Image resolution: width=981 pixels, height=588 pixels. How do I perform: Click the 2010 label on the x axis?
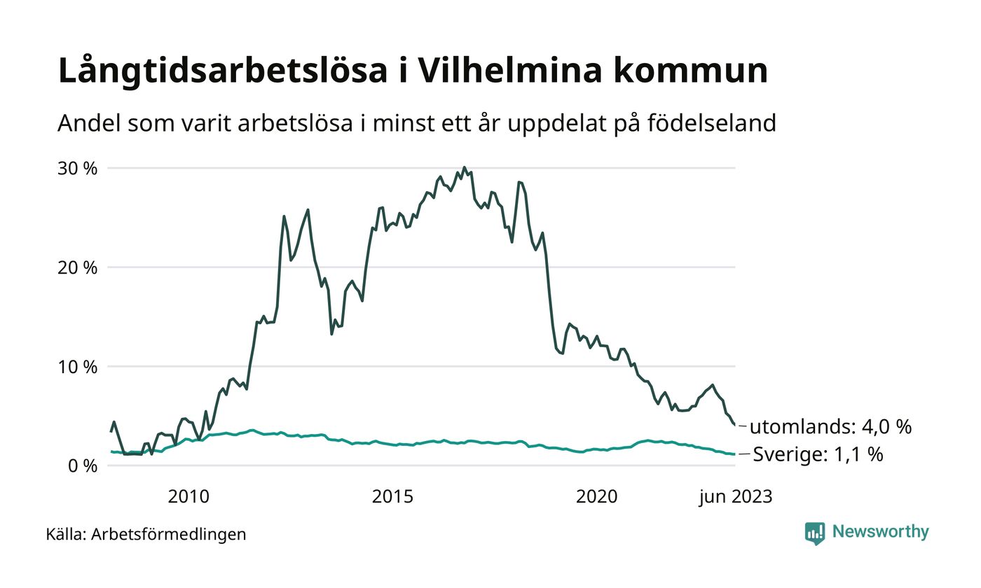pyautogui.click(x=189, y=497)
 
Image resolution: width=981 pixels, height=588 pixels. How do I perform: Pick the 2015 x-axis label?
pyautogui.click(x=392, y=497)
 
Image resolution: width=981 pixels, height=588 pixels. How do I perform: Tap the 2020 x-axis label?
pyautogui.click(x=596, y=497)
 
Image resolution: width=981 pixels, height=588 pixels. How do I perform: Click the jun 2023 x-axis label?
pyautogui.click(x=734, y=497)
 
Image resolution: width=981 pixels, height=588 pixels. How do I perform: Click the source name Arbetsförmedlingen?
pyautogui.click(x=169, y=535)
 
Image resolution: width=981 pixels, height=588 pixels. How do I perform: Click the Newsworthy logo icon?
pyautogui.click(x=815, y=533)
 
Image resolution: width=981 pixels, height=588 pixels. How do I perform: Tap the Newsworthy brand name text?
pyautogui.click(x=880, y=532)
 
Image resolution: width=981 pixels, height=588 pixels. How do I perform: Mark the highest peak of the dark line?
pyautogui.click(x=464, y=167)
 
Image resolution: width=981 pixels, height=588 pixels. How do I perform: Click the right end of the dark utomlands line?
pyautogui.click(x=734, y=425)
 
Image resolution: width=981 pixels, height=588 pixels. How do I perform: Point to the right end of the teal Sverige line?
pyautogui.click(x=734, y=454)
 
